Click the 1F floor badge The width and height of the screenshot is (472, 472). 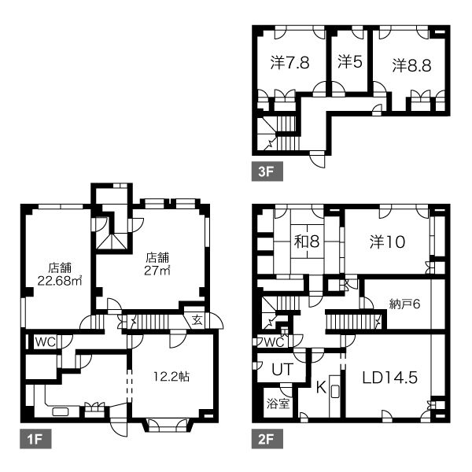[35, 439]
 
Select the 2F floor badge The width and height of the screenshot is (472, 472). [267, 439]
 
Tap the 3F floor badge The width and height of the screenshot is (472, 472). [267, 171]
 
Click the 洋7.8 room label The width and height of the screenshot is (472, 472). [289, 63]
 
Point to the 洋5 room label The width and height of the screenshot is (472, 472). [349, 61]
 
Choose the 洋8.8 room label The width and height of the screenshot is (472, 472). [411, 65]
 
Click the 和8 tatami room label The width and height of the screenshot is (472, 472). [307, 242]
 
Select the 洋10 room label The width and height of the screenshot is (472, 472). [387, 242]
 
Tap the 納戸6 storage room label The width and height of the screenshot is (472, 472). [404, 304]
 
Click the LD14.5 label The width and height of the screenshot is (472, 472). [390, 378]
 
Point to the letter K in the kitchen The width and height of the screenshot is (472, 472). [321, 387]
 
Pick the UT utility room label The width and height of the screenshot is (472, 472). [282, 369]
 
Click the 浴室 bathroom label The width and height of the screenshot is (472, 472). [278, 404]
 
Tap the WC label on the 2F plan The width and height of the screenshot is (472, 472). [274, 342]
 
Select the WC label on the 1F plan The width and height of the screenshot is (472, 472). [46, 342]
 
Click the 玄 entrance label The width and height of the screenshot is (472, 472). [197, 321]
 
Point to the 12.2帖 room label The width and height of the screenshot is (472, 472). [171, 377]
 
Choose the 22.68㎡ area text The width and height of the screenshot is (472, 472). [60, 281]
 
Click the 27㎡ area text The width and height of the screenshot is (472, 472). [157, 271]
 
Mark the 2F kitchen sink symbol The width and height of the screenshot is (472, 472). [335, 392]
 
